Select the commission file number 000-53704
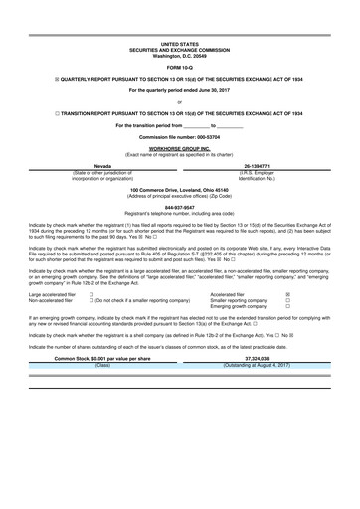179,135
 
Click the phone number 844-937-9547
179,207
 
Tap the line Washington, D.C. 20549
179,55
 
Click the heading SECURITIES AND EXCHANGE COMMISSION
179,50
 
